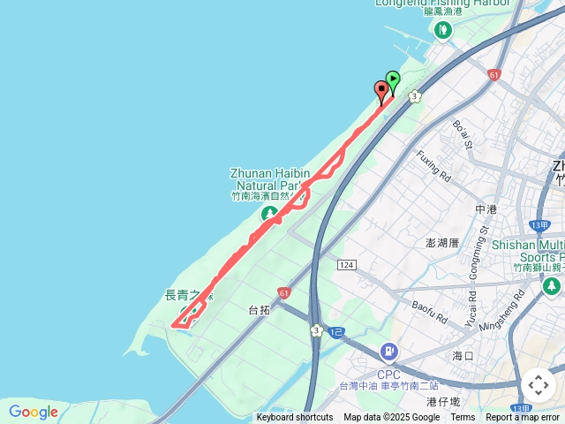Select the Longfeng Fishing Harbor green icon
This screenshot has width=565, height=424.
[442, 31]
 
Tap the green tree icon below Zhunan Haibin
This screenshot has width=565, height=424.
[268, 215]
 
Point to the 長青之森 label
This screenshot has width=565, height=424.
[189, 294]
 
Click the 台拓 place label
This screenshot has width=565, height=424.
[259, 311]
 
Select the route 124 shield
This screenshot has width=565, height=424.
[346, 265]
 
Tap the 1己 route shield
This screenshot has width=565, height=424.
[336, 332]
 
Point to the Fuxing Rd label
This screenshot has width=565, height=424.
[433, 165]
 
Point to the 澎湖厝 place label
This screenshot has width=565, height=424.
[443, 242]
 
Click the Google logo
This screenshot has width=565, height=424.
[33, 412]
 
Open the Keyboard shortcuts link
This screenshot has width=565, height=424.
[295, 418]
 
